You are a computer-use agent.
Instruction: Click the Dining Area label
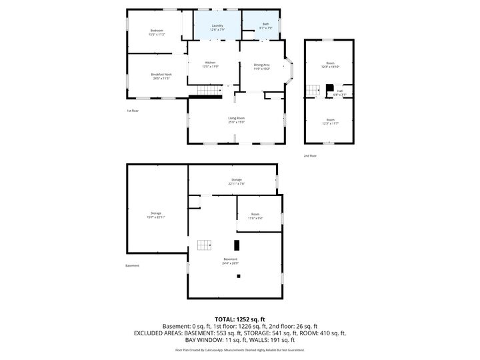pyautogui.click(x=262, y=67)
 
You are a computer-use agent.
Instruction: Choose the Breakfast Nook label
pyautogui.click(x=161, y=76)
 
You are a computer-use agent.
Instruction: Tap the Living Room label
pyautogui.click(x=236, y=120)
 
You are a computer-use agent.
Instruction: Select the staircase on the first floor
pyautogui.click(x=209, y=91)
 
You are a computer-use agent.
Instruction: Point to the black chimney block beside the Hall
pyautogui.click(x=329, y=88)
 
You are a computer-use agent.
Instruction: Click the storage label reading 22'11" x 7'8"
pyautogui.click(x=236, y=181)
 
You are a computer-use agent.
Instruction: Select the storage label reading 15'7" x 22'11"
pyautogui.click(x=156, y=215)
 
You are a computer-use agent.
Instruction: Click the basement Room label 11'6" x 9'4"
pyautogui.click(x=255, y=216)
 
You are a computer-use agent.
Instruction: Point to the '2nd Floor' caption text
pyautogui.click(x=309, y=155)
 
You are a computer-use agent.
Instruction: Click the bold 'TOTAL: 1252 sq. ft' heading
pyautogui.click(x=239, y=319)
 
